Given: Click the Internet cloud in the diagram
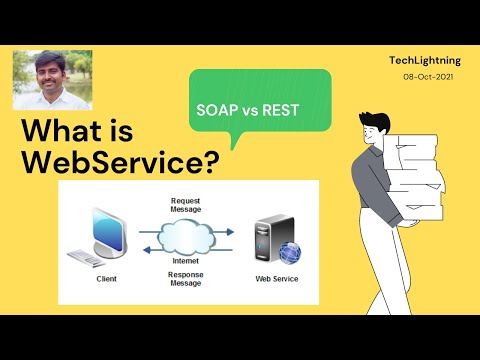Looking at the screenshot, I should [x=186, y=236].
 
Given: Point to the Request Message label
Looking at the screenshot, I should [x=187, y=205].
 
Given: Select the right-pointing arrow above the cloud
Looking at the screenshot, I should [x=187, y=221].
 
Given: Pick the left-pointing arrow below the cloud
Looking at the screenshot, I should [x=187, y=254].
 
